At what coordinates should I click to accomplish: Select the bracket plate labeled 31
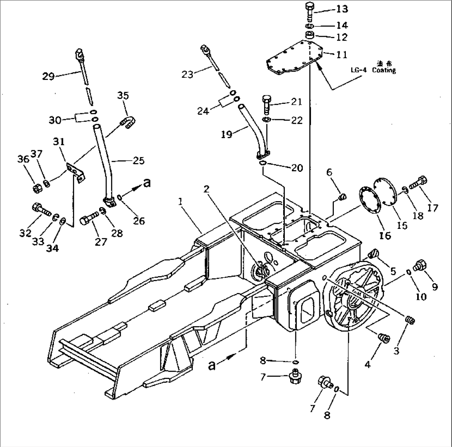75,171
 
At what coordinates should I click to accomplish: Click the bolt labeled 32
39,209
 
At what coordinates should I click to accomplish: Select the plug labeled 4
384,339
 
